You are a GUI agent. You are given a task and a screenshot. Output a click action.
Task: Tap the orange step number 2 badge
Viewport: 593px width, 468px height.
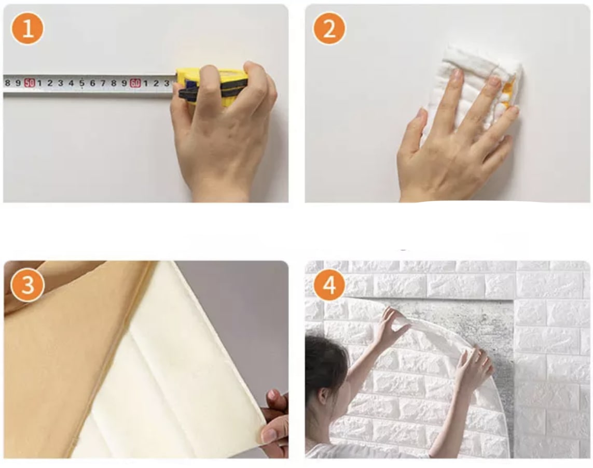point(329,29)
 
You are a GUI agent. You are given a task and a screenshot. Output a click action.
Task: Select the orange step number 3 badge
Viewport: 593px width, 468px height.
point(26,285)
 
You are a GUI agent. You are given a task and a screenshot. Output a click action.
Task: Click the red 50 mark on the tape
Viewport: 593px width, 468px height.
point(30,83)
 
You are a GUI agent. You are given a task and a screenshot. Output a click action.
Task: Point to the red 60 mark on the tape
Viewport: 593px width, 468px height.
point(135,83)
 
